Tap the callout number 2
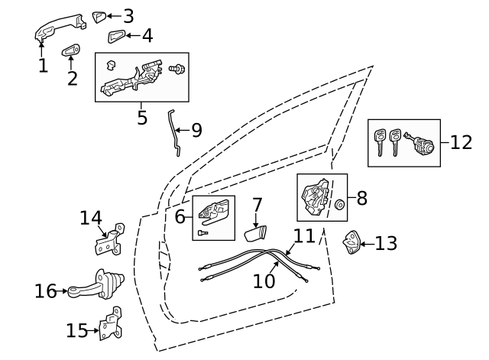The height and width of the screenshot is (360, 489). coord(73,79)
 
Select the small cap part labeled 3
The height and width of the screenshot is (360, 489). coord(99,16)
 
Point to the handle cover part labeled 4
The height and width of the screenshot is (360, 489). coord(117,36)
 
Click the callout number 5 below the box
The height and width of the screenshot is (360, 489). coord(142,118)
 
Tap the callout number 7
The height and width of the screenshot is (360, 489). coord(257,206)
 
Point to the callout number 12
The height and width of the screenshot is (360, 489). coord(461,143)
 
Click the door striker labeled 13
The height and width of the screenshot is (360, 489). coord(351,243)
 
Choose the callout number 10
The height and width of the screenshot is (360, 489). coord(264,281)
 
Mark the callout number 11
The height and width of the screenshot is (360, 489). coord(304,235)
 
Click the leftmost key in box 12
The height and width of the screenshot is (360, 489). coord(379,142)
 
